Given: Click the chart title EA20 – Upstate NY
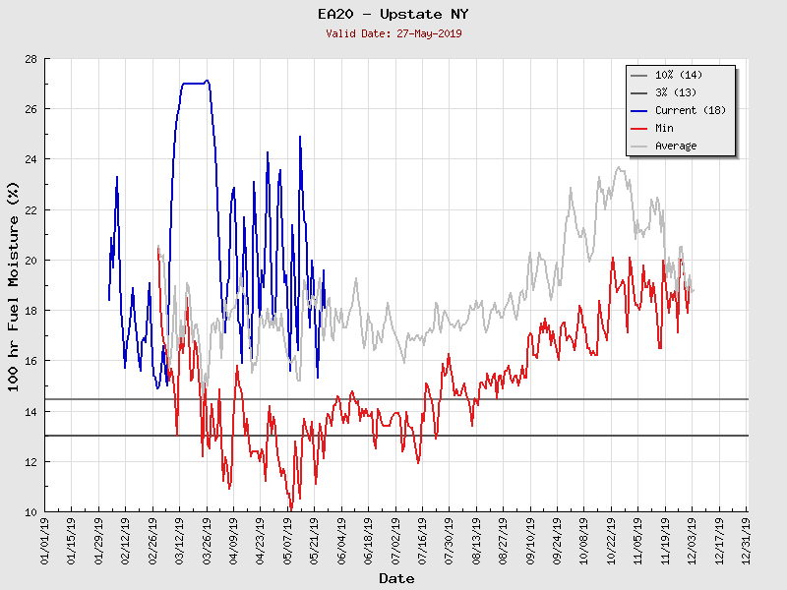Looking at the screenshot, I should point(393,15).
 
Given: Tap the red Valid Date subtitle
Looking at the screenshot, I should point(393,33).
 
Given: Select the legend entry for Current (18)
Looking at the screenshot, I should point(690,110).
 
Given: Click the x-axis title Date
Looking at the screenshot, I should point(396,579).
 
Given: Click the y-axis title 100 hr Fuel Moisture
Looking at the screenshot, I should point(14,285).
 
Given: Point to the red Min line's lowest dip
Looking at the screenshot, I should point(290,509).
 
